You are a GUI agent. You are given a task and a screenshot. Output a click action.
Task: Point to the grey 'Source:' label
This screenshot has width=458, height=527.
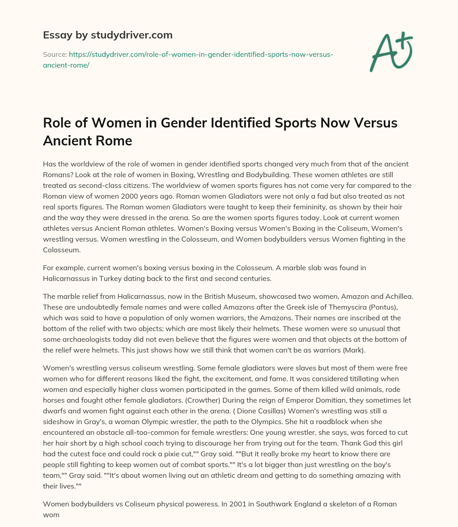pyautogui.click(x=55, y=54)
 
